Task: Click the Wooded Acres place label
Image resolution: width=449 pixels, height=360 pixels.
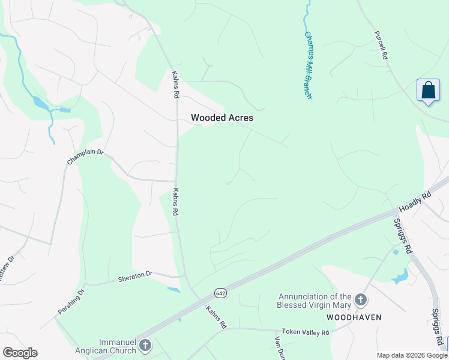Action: click(x=222, y=118)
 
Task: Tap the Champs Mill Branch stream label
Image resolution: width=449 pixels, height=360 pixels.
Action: click(x=309, y=65)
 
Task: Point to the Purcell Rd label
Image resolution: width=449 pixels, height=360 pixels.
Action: click(x=381, y=45)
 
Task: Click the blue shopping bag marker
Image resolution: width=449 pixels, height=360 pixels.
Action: click(x=428, y=90)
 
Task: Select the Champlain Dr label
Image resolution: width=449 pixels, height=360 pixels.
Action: click(x=85, y=158)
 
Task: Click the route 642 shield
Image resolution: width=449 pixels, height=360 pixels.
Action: click(x=220, y=292)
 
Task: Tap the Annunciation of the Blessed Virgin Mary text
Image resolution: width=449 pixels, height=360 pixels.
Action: click(x=315, y=300)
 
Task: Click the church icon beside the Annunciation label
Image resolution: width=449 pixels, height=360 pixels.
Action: click(x=361, y=299)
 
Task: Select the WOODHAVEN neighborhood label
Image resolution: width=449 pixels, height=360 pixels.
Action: click(x=354, y=317)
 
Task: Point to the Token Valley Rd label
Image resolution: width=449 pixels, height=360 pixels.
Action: click(x=306, y=332)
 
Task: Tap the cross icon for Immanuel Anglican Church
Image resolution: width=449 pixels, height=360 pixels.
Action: click(x=145, y=345)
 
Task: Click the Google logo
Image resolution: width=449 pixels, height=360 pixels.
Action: click(x=20, y=353)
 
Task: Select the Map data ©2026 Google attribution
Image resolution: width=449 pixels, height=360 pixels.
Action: click(x=411, y=355)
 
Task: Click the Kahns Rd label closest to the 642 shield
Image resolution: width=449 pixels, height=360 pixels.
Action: click(x=215, y=317)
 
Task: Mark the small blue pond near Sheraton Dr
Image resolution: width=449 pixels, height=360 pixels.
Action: click(x=173, y=290)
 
